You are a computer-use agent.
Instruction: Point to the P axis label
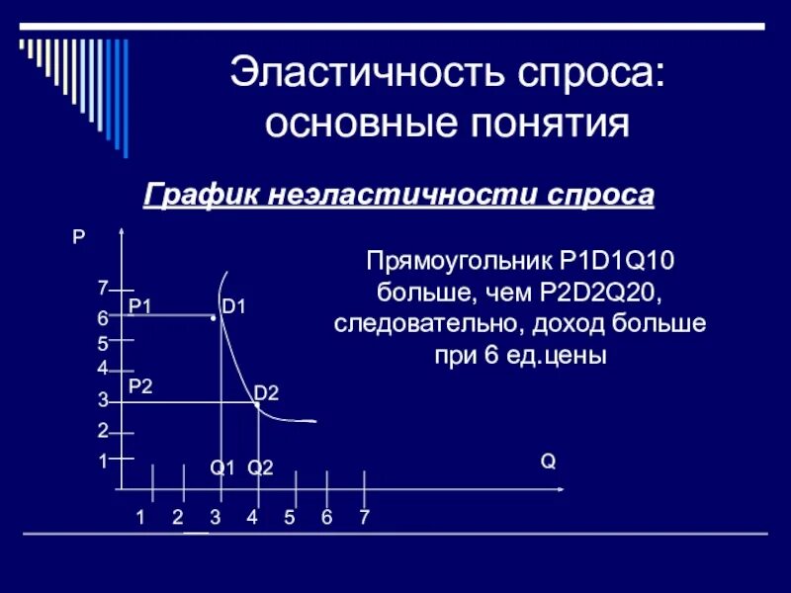78,237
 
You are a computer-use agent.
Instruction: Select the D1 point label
233,307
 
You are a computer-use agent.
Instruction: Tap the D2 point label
266,394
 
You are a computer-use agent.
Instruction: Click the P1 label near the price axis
139,306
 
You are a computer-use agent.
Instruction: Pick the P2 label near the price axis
140,386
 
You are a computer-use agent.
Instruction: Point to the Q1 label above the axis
221,467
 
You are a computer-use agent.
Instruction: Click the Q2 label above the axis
259,467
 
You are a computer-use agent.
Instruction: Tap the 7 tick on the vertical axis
102,289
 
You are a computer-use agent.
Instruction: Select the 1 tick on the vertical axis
102,461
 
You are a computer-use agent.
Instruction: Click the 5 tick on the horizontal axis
290,516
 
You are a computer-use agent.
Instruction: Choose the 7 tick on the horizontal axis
365,516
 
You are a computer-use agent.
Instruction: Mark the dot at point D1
214,318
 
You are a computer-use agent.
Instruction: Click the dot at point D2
255,404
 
